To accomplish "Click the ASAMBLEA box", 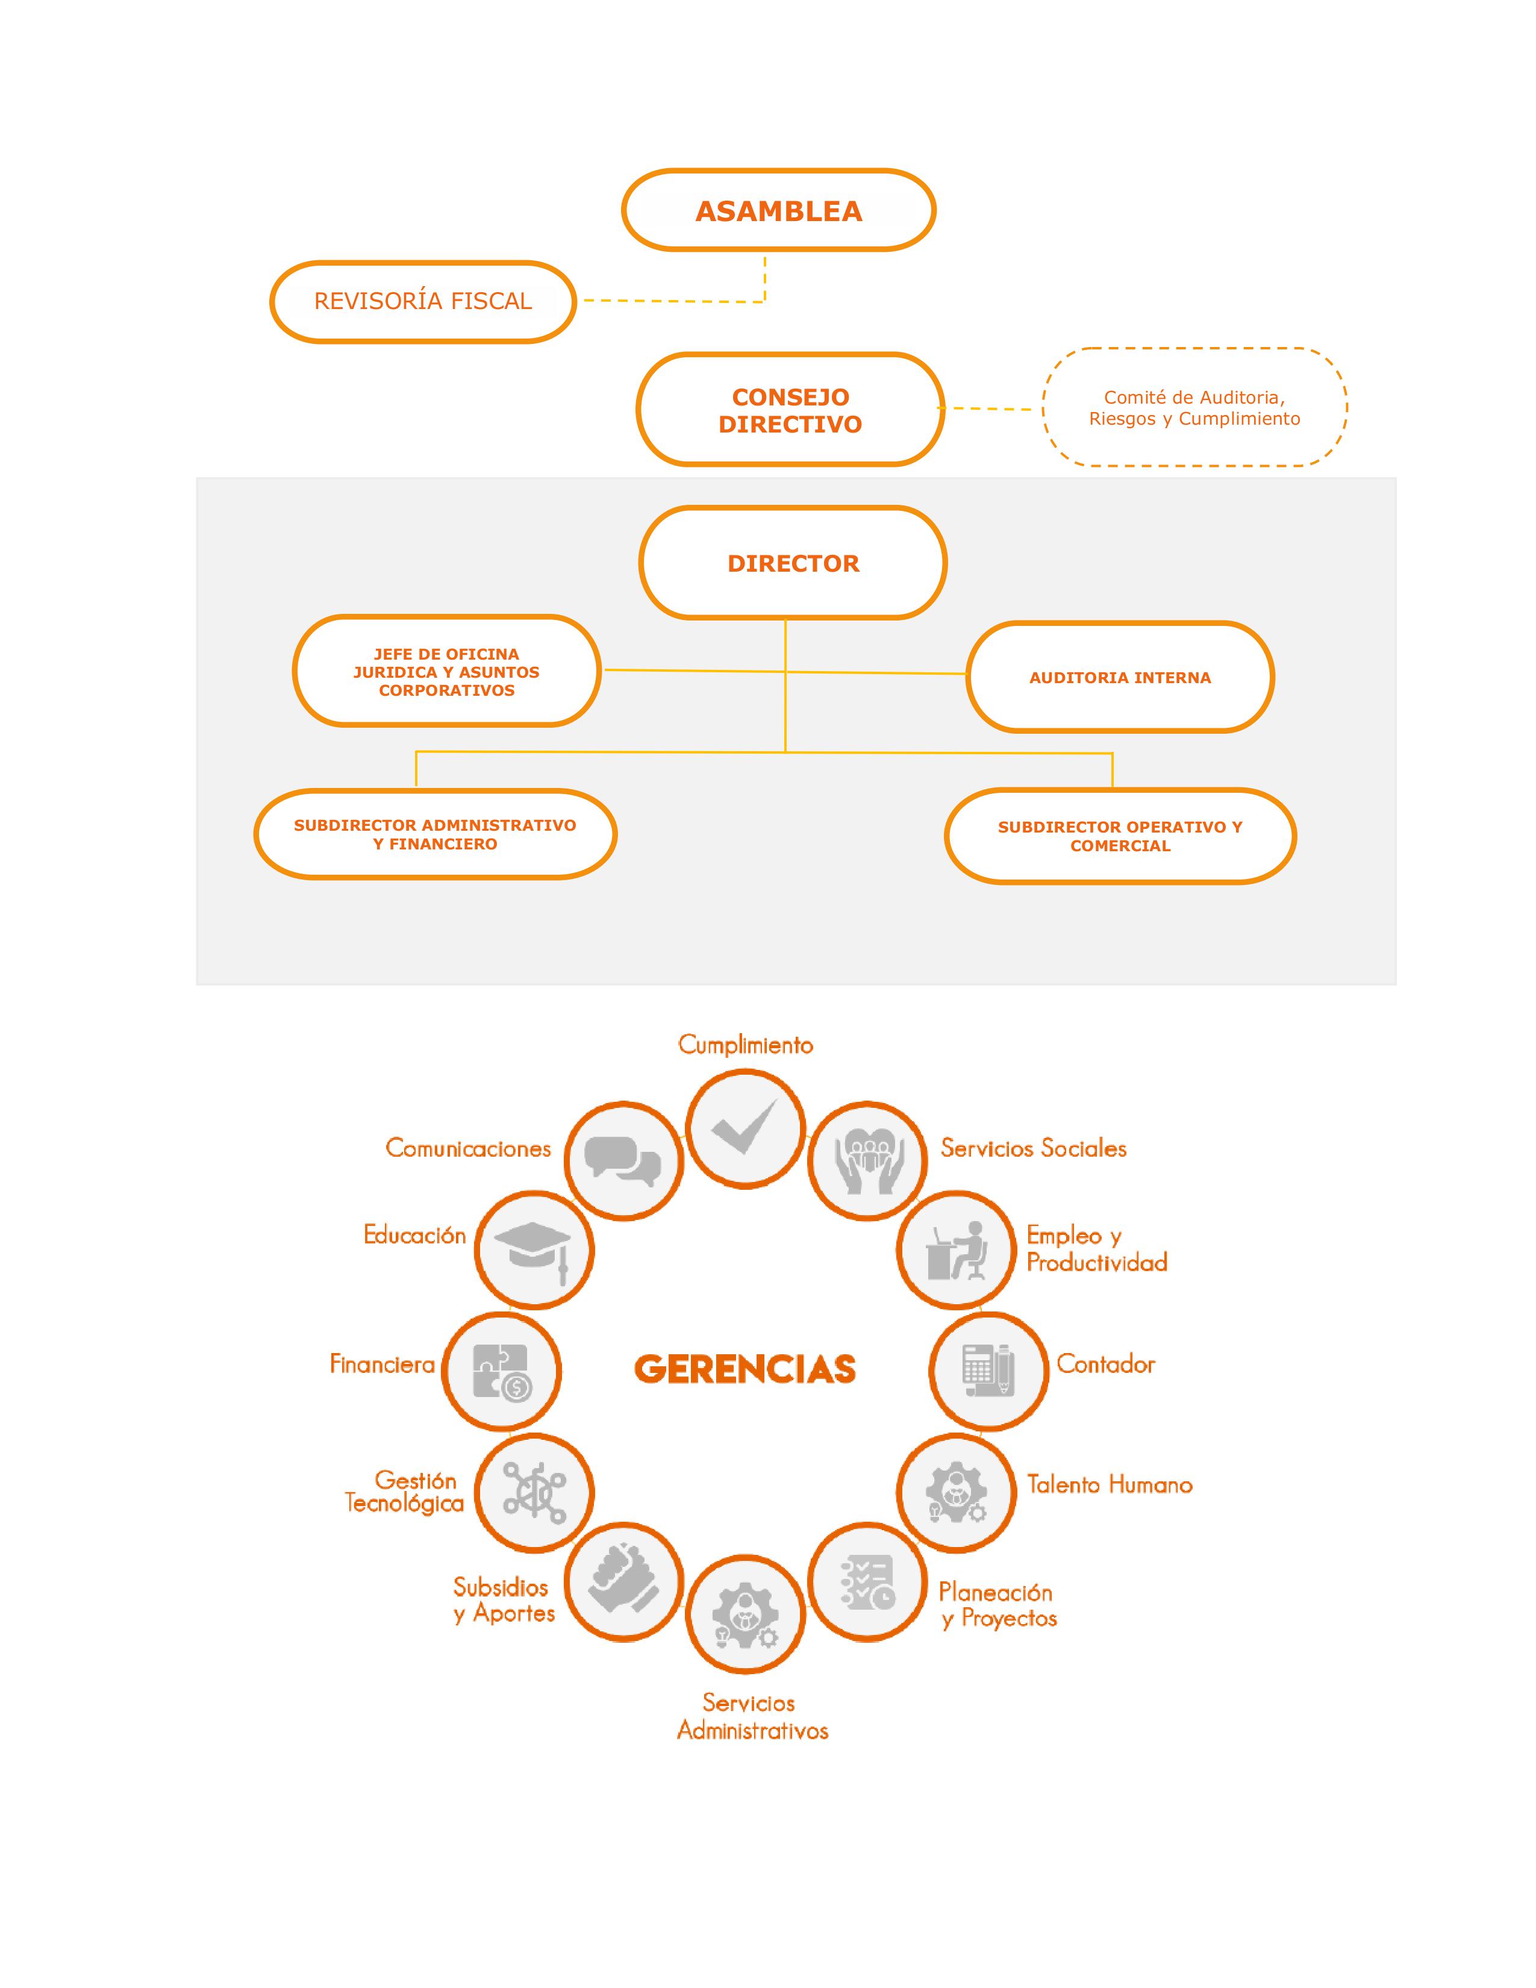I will point(778,210).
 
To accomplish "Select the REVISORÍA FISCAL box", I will point(423,301).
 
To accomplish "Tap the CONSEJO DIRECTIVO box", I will point(790,410).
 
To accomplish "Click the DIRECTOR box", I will point(793,563).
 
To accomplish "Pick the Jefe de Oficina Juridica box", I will point(446,672).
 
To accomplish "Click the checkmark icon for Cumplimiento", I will point(745,1129).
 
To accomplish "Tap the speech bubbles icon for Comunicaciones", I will point(623,1161).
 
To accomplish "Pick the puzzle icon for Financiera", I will point(501,1371).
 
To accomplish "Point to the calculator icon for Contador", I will point(988,1371).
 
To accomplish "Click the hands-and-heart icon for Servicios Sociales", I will point(867,1161).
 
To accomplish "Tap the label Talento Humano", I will point(1109,1484).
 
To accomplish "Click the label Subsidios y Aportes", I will point(503,1600).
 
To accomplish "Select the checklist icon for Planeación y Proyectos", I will point(867,1582).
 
